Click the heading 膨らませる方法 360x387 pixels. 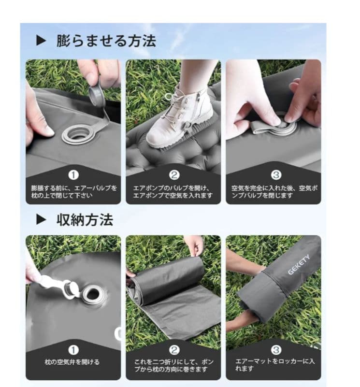click(106, 41)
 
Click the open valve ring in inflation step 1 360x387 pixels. click(76, 133)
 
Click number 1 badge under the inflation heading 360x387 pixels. click(73, 175)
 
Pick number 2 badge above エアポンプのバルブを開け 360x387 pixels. click(173, 175)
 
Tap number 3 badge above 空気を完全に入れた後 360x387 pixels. click(274, 175)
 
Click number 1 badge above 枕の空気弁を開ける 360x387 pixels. click(73, 350)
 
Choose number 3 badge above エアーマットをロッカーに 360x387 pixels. click(274, 350)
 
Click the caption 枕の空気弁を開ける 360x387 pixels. click(72, 362)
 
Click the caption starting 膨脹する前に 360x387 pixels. click(73, 190)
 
